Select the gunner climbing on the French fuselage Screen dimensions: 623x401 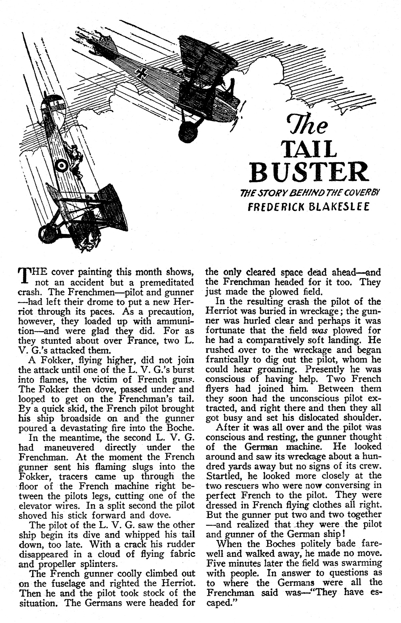tap(74, 158)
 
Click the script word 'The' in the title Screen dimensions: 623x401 tap(307, 125)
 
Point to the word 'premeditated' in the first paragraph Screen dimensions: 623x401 tap(167, 282)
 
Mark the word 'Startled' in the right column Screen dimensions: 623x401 tap(225, 476)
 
